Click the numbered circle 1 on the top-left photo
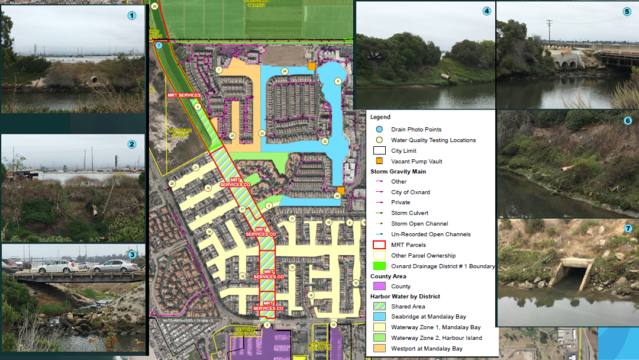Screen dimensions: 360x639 (131, 16)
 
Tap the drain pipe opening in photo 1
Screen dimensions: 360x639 (93, 79)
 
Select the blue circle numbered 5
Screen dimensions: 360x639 (627, 11)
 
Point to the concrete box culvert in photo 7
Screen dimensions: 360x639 (570, 274)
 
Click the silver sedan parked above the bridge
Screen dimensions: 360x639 (116, 266)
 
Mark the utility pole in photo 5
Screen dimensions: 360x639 (550, 36)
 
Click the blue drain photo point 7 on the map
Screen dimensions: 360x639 (159, 45)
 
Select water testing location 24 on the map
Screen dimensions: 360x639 (285, 71)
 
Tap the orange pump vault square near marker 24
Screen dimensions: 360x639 (311, 66)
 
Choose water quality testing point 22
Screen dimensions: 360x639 (325, 142)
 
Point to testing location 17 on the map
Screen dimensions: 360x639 (242, 210)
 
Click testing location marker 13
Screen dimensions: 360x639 (334, 325)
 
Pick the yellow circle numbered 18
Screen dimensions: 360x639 (242, 277)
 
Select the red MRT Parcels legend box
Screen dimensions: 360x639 (379, 245)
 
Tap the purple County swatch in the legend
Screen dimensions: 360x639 (379, 287)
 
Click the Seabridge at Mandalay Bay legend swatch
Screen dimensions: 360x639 (379, 317)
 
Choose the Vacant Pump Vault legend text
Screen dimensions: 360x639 (417, 161)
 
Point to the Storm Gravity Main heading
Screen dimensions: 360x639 (398, 172)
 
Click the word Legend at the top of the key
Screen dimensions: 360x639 (380, 117)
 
